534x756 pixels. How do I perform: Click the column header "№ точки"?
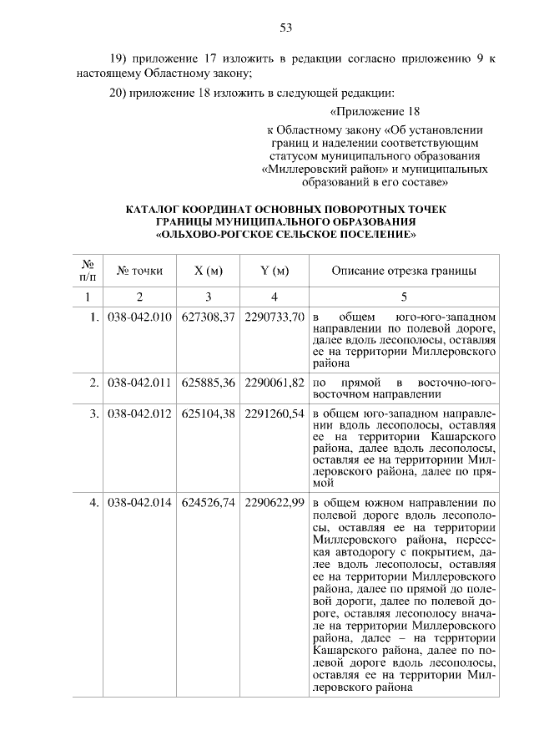coord(140,271)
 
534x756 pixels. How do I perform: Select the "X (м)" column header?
coord(209,271)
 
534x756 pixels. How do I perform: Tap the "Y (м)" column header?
coord(274,271)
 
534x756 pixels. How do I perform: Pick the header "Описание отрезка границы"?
coord(404,271)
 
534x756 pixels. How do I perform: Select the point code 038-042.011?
coord(140,383)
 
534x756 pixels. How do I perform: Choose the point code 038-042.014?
coord(140,504)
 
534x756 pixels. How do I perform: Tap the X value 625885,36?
coord(209,383)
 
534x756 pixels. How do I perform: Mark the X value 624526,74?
coord(209,504)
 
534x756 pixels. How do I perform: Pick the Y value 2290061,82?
coord(274,383)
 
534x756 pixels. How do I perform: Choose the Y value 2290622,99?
coord(274,504)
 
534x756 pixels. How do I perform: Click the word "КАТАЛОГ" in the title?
coord(154,209)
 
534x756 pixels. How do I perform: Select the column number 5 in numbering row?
coord(404,297)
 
